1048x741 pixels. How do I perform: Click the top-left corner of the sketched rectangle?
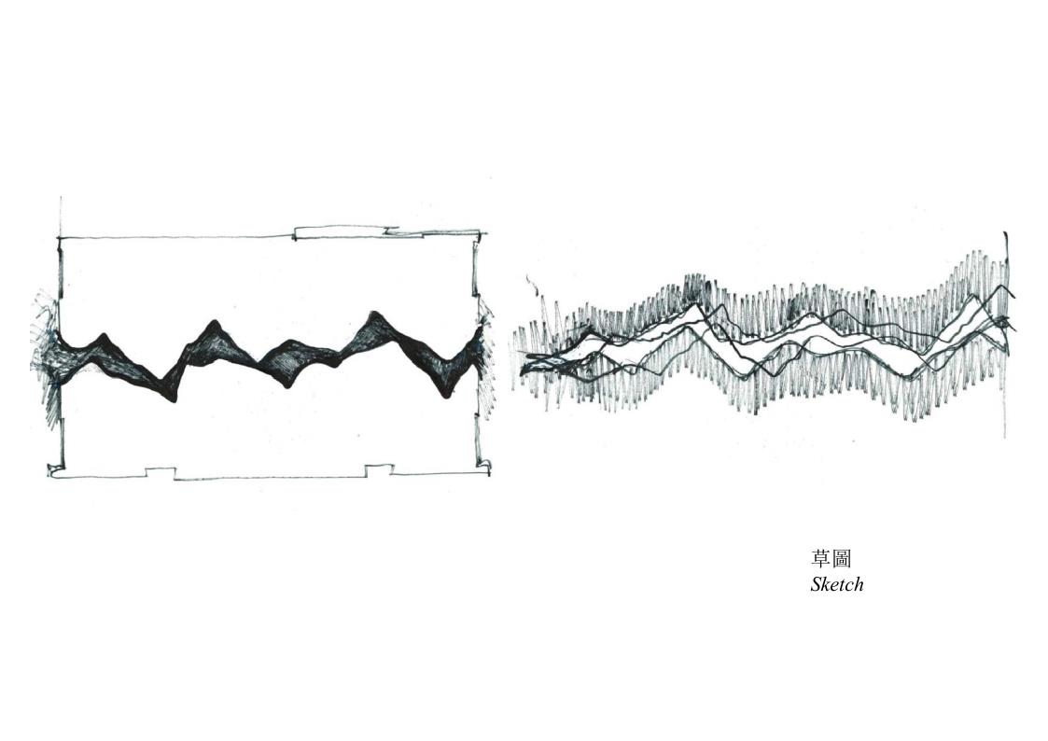pyautogui.click(x=61, y=238)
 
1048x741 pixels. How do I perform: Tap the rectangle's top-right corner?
pyautogui.click(x=479, y=234)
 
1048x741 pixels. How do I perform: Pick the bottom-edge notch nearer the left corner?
pyautogui.click(x=161, y=472)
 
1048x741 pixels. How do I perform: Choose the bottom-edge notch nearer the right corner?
pyautogui.click(x=378, y=469)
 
